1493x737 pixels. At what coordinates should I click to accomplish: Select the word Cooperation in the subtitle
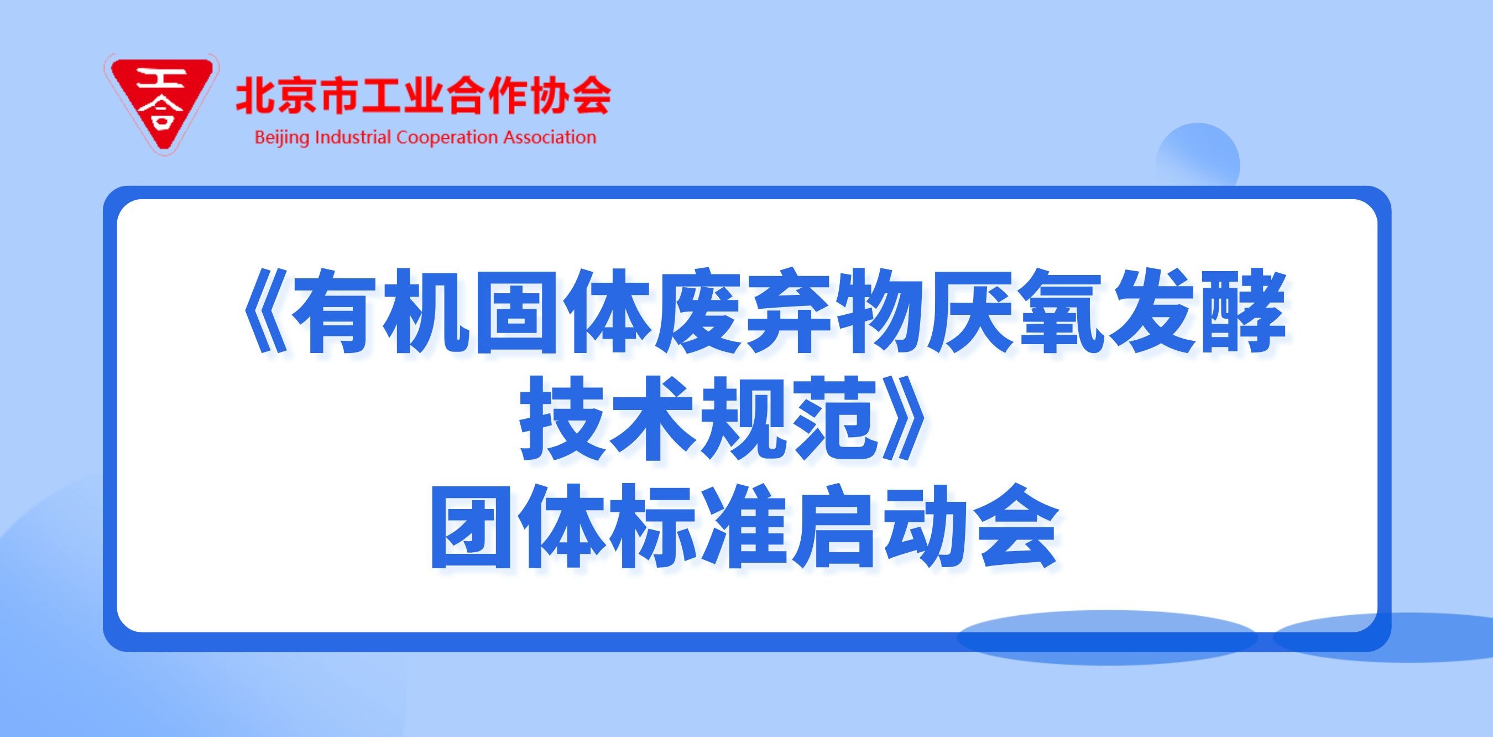click(x=447, y=138)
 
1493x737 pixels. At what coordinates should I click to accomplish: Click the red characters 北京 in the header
click(x=276, y=95)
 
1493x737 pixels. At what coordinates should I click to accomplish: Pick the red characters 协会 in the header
click(x=570, y=95)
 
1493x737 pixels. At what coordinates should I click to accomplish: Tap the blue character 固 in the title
click(x=516, y=312)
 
